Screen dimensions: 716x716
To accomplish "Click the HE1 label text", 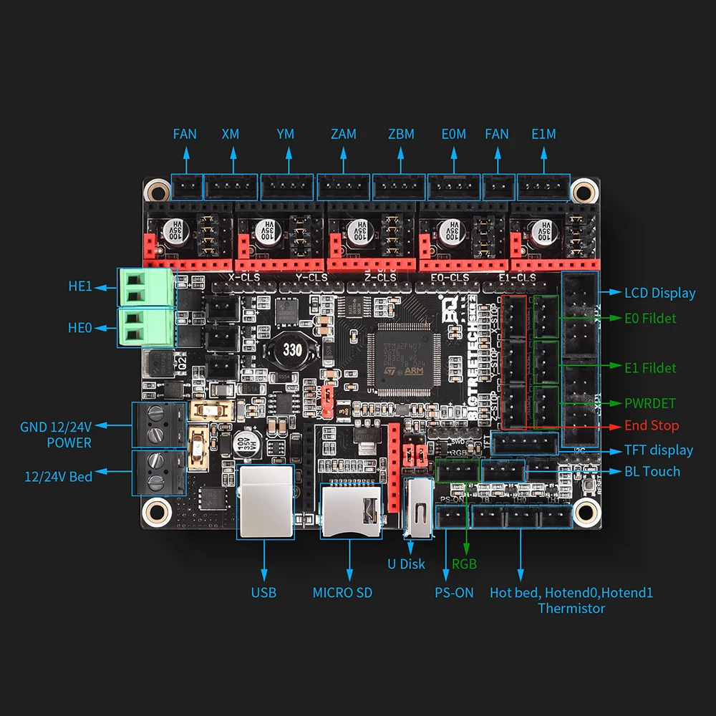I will [x=80, y=286].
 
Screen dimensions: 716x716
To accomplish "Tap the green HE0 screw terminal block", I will [x=145, y=326].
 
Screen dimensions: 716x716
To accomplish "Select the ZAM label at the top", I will [x=344, y=134].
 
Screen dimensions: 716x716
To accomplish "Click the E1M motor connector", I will [x=543, y=188].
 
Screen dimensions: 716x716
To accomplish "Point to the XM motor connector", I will [x=231, y=188].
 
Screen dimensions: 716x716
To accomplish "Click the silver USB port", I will [x=264, y=501].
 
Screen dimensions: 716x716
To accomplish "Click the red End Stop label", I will [x=652, y=425].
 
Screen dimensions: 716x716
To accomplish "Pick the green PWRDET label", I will [x=649, y=403].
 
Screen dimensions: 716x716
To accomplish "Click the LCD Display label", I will [x=659, y=293].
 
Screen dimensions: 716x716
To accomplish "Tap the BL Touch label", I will [x=652, y=471].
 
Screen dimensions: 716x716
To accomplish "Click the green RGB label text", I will [x=465, y=564].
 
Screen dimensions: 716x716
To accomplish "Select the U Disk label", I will [x=407, y=564].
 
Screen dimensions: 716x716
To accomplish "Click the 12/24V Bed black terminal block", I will [x=158, y=473].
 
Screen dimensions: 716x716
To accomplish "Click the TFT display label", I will [x=659, y=450].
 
